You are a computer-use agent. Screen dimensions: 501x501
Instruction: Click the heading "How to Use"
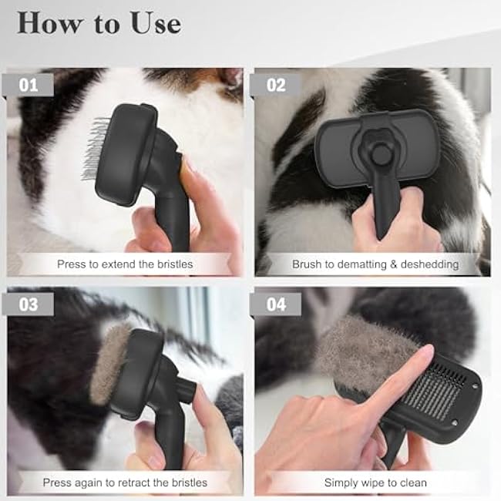[99, 23]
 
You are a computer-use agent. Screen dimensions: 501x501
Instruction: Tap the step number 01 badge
[29, 85]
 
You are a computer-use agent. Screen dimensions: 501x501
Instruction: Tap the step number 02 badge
[275, 85]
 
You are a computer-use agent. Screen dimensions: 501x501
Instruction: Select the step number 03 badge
[29, 304]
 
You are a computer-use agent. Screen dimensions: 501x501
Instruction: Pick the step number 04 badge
[276, 304]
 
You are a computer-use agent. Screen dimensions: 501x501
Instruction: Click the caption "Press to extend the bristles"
[125, 264]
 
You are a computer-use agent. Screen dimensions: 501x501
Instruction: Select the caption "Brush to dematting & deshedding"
[375, 264]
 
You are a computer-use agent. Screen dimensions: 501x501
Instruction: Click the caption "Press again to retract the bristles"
[125, 483]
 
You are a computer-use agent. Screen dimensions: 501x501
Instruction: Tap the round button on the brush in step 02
[378, 154]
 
